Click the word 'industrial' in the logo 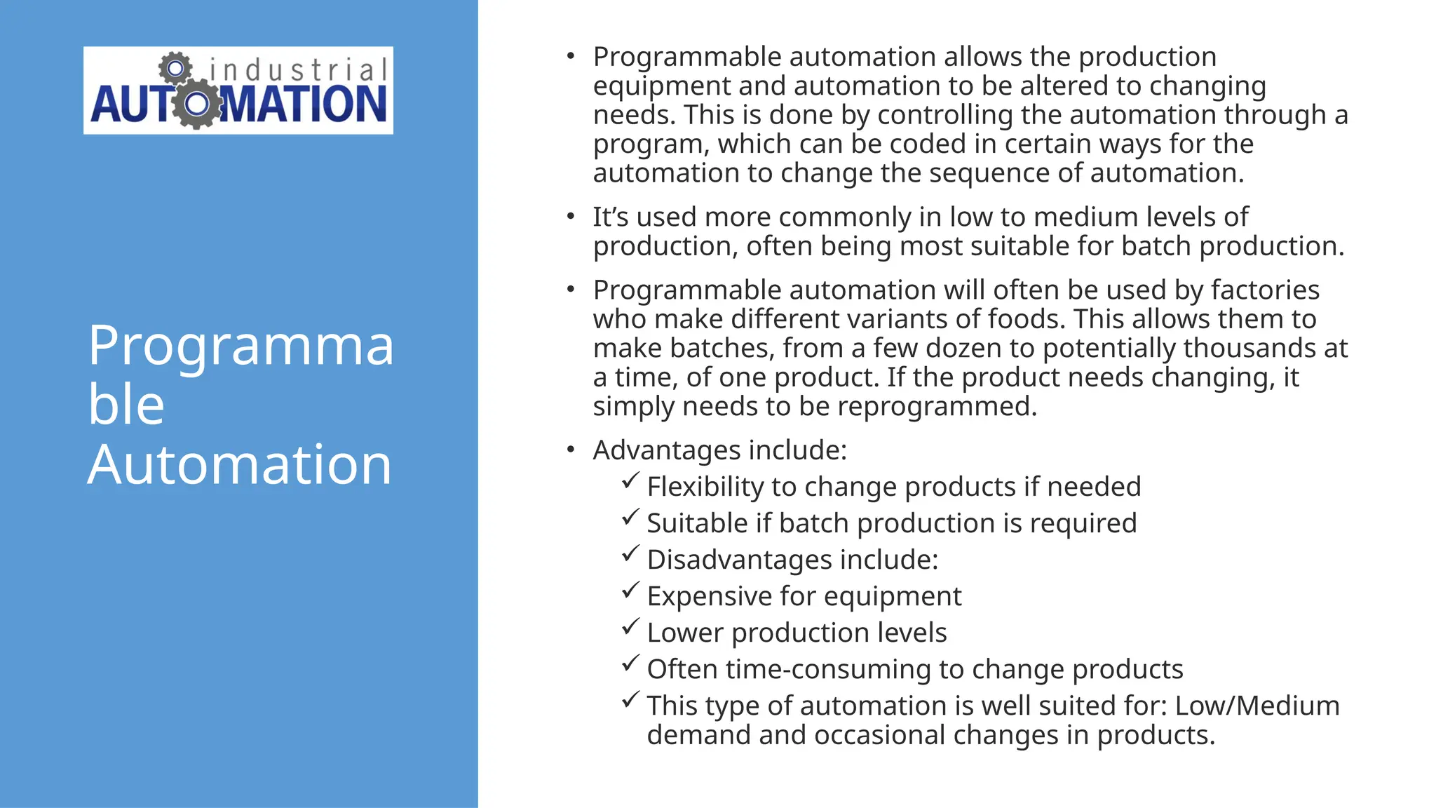tap(298, 70)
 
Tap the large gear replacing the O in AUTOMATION tap(197, 104)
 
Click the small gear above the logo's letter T tap(175, 69)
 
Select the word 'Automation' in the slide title tap(239, 464)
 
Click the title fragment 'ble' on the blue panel tap(126, 405)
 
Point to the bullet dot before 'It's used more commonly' tap(571, 216)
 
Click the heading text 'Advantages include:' tap(720, 450)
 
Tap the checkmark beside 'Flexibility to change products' tap(630, 481)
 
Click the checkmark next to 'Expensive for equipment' tap(630, 591)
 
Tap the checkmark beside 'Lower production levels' tap(630, 627)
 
